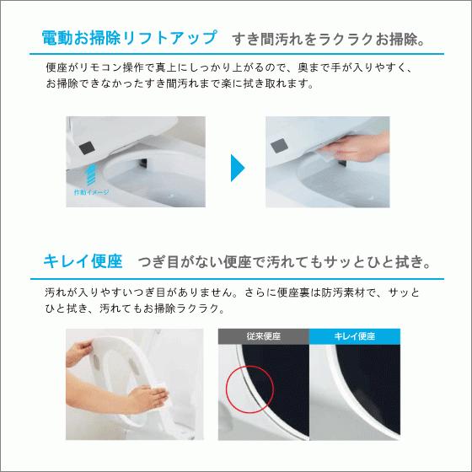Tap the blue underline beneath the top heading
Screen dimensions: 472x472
pyautogui.click(x=236, y=54)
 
